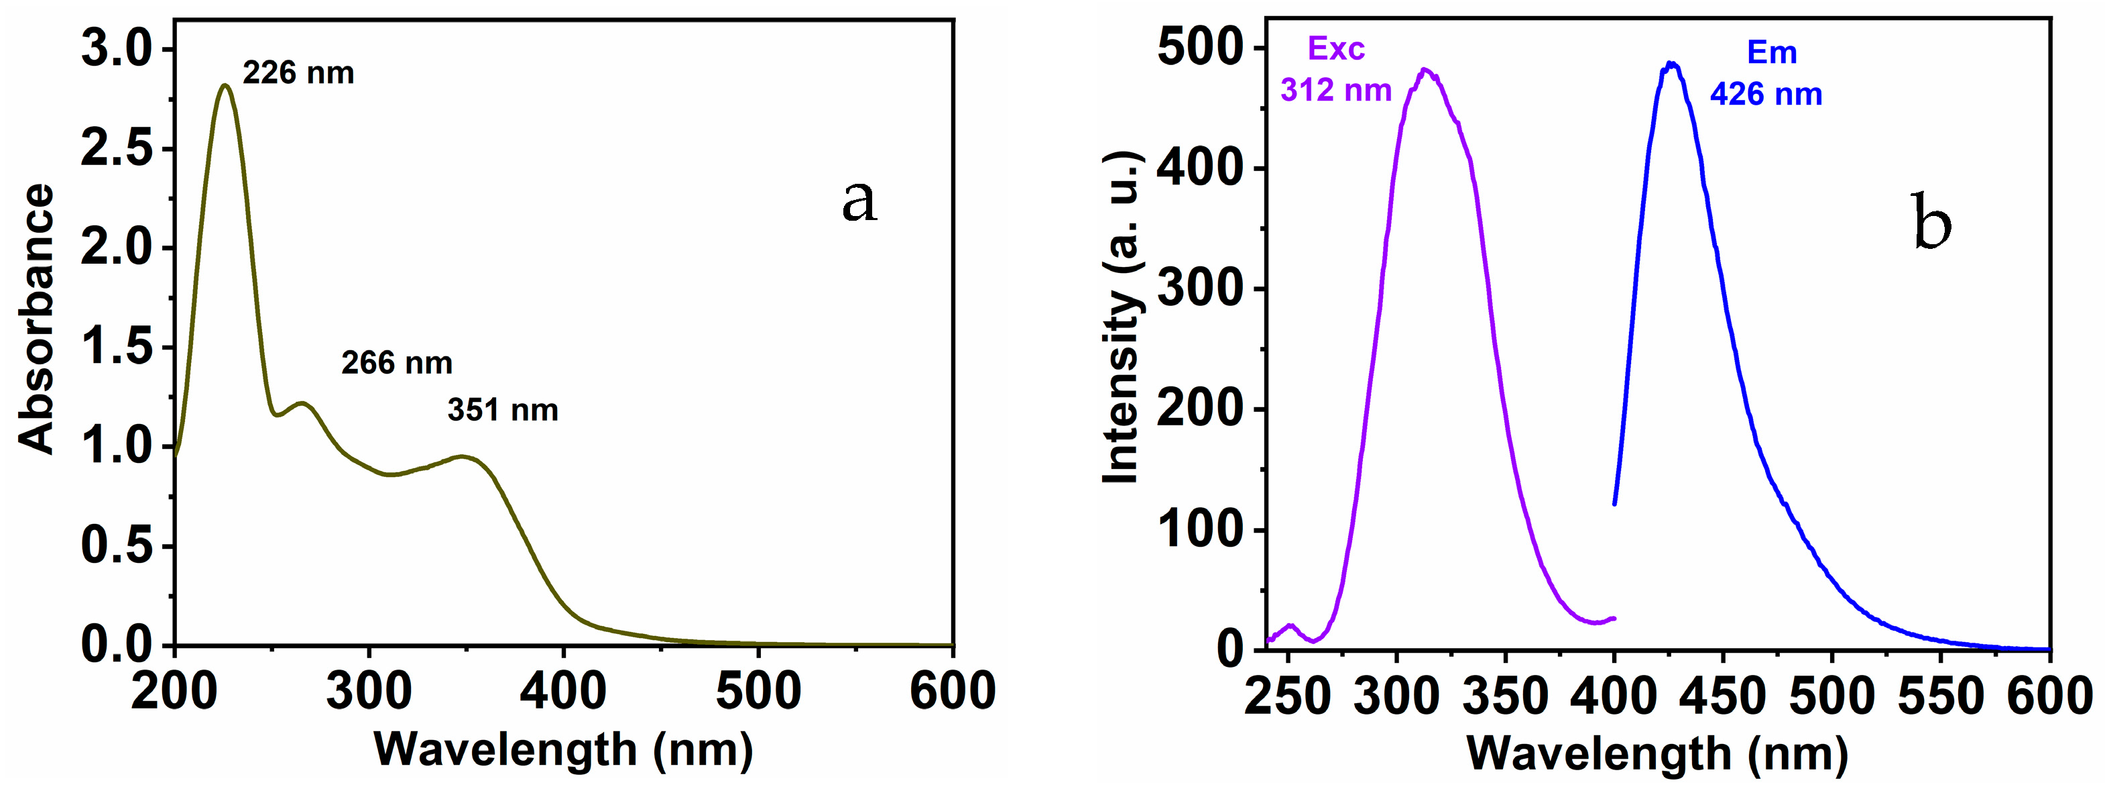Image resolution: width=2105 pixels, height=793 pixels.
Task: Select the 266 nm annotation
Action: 396,363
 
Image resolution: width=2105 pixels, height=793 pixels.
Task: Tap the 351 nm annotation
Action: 503,409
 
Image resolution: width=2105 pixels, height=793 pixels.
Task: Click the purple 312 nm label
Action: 1335,90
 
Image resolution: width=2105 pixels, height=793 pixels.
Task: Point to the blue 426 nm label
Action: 1766,95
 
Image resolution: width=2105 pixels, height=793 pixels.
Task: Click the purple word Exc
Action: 1336,49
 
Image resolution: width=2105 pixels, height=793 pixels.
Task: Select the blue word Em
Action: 1772,53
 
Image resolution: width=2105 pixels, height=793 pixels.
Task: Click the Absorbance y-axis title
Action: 37,319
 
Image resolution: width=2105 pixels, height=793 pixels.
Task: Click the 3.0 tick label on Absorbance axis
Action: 117,49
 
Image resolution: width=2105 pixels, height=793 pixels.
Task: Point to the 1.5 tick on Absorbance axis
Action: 117,348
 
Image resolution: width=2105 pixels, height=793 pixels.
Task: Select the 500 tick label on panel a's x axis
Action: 758,692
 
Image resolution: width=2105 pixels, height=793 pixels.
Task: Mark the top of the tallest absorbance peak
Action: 225,85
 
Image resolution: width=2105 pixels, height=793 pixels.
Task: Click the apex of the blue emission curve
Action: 1671,63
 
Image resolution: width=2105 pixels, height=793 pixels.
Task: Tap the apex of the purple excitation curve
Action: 1425,70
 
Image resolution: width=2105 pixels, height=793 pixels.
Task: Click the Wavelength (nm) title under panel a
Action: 563,749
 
